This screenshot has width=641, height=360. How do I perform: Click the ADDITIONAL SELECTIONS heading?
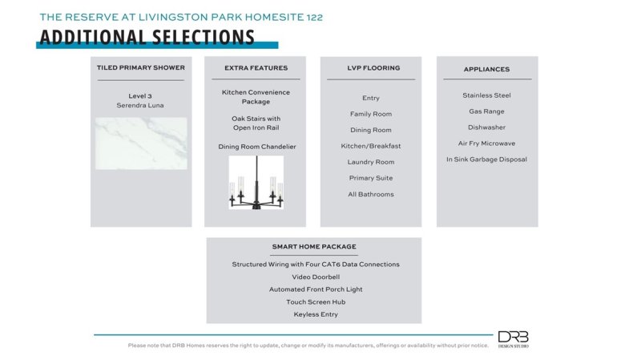point(147,38)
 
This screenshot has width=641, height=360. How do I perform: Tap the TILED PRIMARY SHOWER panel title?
point(141,68)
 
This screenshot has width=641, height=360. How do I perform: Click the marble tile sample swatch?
point(141,144)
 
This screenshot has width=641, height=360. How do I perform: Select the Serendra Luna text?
point(141,106)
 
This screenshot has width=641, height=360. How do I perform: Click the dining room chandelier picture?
point(256,183)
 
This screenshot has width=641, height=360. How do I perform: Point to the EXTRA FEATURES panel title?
point(256,68)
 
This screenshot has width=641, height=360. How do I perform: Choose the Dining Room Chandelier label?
point(256,147)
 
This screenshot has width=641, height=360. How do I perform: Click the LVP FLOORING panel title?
point(371,68)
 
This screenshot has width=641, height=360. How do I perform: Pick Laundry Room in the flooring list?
point(371,162)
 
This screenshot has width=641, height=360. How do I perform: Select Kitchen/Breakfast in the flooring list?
point(371,146)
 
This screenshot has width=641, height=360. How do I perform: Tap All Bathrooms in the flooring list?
point(371,194)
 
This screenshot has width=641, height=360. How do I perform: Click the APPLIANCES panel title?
point(486,69)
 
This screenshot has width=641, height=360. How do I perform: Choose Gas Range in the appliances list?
point(486,111)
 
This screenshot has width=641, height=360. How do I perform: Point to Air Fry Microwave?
point(486,144)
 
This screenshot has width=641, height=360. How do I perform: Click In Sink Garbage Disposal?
point(486,160)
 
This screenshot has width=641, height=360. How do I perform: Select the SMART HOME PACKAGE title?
point(314,247)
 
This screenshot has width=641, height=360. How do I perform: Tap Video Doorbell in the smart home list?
point(315,277)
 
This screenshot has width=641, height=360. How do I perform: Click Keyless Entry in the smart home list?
point(315,314)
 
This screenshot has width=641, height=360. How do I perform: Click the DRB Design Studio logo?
point(513,338)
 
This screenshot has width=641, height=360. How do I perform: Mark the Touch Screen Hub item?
point(315,301)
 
